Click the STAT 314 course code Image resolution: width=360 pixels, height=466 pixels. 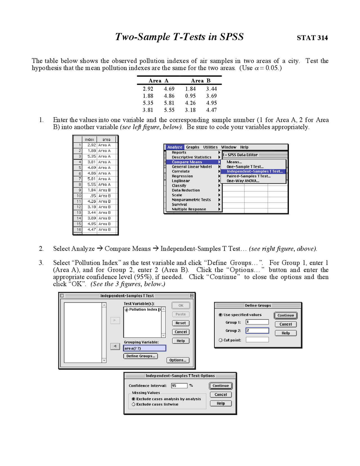tap(312, 38)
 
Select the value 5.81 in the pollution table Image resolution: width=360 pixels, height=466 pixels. tap(169, 103)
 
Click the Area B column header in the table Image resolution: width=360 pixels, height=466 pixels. tap(201, 81)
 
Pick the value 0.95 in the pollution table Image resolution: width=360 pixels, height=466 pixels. tap(190, 96)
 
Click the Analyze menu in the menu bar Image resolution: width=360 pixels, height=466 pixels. tap(175, 147)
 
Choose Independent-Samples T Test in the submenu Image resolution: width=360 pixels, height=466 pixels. tap(255, 171)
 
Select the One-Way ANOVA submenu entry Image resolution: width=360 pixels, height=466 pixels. tap(243, 181)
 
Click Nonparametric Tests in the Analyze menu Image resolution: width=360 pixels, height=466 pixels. tap(191, 200)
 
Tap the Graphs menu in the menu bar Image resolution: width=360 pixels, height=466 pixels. tap(193, 147)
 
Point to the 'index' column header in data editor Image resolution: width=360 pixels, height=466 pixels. tap(89, 140)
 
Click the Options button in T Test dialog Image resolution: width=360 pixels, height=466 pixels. tap(178, 360)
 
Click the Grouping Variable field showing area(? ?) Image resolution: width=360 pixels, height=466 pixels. tap(145, 348)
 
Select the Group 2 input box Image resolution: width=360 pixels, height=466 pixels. tap(257, 331)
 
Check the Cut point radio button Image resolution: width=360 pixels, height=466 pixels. tap(220, 340)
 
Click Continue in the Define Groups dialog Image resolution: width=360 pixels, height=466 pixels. tap(285, 315)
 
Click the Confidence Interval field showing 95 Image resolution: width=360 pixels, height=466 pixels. tap(179, 386)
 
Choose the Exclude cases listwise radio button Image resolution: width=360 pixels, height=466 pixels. tap(134, 404)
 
